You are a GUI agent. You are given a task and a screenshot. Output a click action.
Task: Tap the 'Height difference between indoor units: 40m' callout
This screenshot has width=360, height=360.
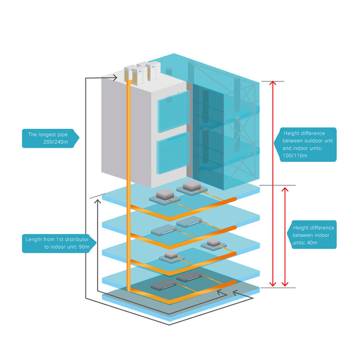(x=313, y=234)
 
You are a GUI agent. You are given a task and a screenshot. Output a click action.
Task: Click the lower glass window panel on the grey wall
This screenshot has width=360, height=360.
(x=172, y=152)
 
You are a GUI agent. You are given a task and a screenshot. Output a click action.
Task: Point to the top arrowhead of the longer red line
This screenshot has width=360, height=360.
(x=273, y=83)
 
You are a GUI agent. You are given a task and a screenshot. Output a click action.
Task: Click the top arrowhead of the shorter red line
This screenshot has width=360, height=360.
(x=285, y=189)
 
